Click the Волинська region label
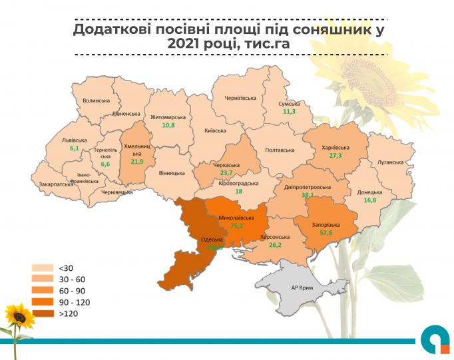tap(96, 100)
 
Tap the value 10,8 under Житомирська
tap(168, 125)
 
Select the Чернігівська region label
tap(240, 98)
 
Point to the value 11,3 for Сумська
tap(289, 111)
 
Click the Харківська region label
tap(336, 147)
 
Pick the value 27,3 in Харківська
tap(335, 155)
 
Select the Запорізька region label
tap(327, 225)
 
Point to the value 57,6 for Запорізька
tap(327, 234)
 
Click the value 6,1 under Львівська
tap(74, 149)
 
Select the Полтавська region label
tap(280, 150)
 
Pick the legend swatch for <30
tap(42, 268)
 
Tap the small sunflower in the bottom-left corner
tap(19, 318)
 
